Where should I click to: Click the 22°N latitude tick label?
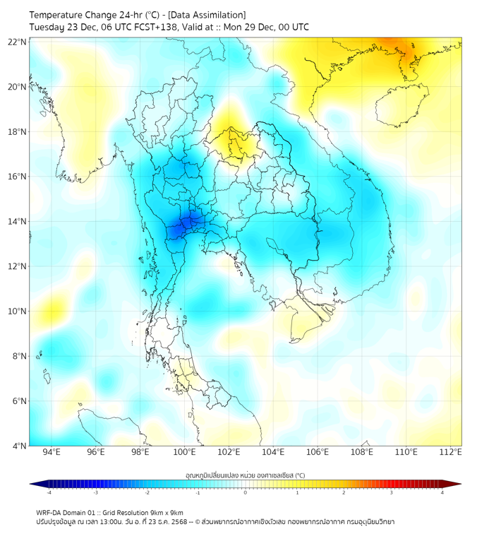coord(18,42)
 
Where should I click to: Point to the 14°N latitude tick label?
coord(18,222)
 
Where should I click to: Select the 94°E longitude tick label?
coord(52,453)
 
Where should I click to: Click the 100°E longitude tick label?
coord(185,453)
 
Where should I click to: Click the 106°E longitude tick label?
coord(318,453)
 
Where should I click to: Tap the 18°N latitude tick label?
coord(18,132)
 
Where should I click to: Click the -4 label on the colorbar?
coord(48,492)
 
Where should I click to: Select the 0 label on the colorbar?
coord(246,492)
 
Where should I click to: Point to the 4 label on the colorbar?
coord(442,492)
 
